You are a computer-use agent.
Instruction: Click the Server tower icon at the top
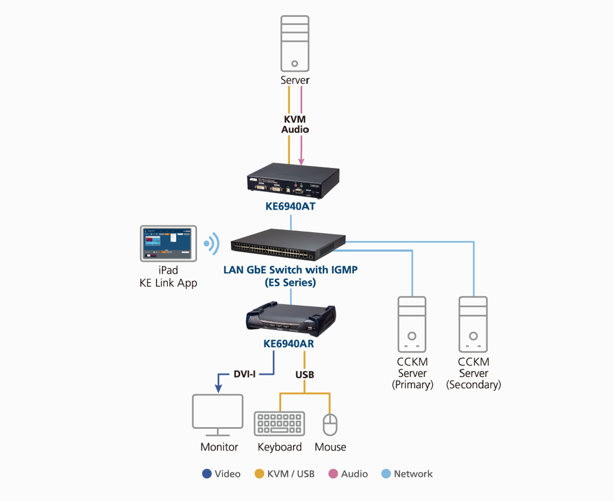295,44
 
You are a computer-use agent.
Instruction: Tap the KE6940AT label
290,206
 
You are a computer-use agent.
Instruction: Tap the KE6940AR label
288,344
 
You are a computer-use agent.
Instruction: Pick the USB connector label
305,375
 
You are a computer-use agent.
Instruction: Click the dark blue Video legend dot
207,474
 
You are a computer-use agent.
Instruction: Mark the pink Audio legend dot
333,474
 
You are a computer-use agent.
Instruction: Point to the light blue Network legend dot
386,474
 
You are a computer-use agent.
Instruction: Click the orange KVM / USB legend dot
259,474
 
